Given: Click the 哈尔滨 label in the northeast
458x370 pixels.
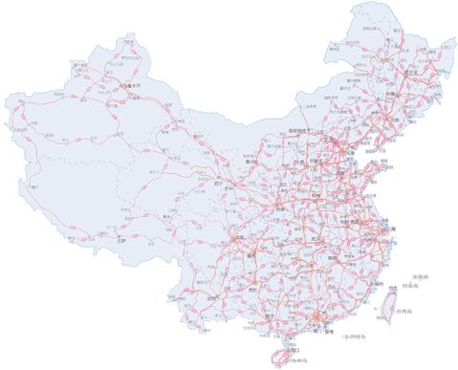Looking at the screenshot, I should click(412, 72).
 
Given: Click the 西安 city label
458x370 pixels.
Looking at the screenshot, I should click(279, 206).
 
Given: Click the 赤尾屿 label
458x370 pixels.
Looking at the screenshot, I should click(422, 275).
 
